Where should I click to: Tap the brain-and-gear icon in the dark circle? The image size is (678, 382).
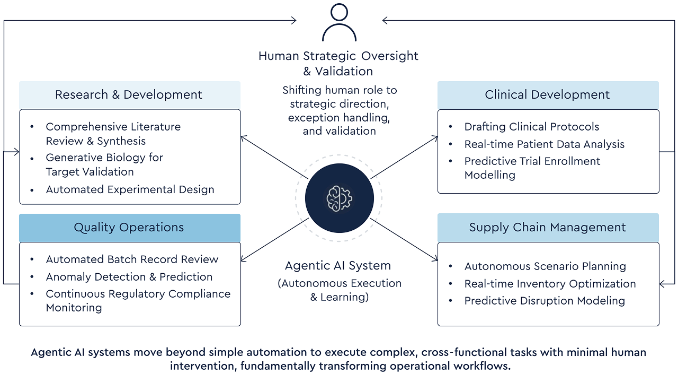(x=339, y=198)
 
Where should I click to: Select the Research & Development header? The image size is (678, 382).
(x=129, y=95)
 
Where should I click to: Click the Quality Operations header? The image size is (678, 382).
(x=129, y=228)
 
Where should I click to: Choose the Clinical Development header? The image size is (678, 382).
(x=548, y=95)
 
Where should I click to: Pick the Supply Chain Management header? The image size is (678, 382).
(x=548, y=228)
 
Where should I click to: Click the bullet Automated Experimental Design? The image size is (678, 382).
(x=130, y=189)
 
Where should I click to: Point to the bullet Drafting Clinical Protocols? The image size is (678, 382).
(x=531, y=127)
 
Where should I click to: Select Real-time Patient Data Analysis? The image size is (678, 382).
(x=544, y=144)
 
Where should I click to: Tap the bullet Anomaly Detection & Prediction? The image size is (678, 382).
(x=129, y=277)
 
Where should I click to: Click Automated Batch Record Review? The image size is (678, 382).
(x=132, y=259)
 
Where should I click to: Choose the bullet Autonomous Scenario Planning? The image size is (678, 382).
(x=545, y=266)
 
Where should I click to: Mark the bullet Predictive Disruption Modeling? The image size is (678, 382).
(x=545, y=301)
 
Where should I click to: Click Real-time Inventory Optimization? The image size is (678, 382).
(x=550, y=284)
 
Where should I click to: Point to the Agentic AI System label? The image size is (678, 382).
(x=338, y=266)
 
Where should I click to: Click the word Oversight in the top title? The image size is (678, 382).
(x=390, y=56)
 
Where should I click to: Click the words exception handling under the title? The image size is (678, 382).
(x=339, y=117)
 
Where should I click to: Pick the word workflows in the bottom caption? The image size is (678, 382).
(x=483, y=367)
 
